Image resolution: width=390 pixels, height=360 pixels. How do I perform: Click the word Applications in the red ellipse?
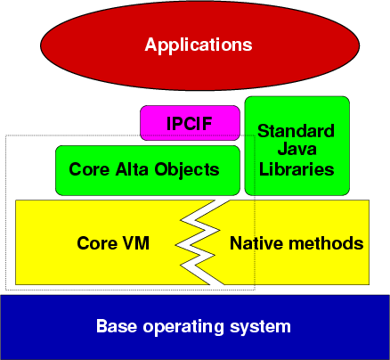(199, 45)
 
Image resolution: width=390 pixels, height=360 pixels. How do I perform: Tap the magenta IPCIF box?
(190, 123)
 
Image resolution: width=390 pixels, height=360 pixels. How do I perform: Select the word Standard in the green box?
(297, 131)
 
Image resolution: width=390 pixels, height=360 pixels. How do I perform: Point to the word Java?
(297, 149)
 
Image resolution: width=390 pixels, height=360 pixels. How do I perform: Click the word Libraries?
(297, 169)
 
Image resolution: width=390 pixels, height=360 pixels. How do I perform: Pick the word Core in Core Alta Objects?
(89, 169)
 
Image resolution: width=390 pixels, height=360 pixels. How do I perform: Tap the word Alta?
(132, 169)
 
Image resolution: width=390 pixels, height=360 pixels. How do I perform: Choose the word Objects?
(187, 170)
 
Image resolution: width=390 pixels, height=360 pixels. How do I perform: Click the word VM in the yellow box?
(136, 243)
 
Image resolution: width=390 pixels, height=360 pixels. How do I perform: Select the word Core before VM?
(97, 243)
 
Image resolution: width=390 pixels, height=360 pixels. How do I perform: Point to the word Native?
(256, 243)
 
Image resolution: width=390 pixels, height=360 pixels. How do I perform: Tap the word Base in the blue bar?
(117, 326)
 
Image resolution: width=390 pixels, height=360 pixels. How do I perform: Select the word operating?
(183, 327)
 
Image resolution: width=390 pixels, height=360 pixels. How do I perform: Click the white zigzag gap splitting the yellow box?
(198, 243)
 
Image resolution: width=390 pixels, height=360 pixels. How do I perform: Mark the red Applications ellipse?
(199, 45)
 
